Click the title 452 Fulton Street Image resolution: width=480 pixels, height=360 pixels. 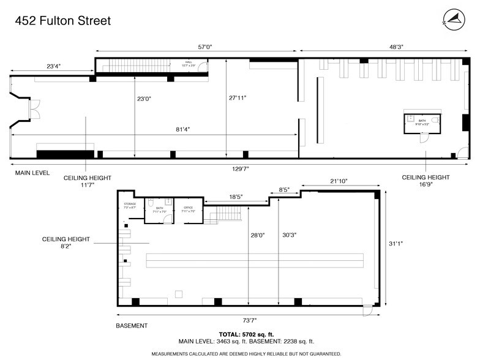62,21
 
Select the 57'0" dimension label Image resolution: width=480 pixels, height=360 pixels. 197,46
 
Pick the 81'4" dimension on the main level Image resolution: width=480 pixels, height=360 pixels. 183,129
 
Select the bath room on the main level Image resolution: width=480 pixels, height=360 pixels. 422,122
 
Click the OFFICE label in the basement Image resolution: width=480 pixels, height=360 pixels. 188,209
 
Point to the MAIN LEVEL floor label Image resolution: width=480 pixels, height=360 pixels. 32,173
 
